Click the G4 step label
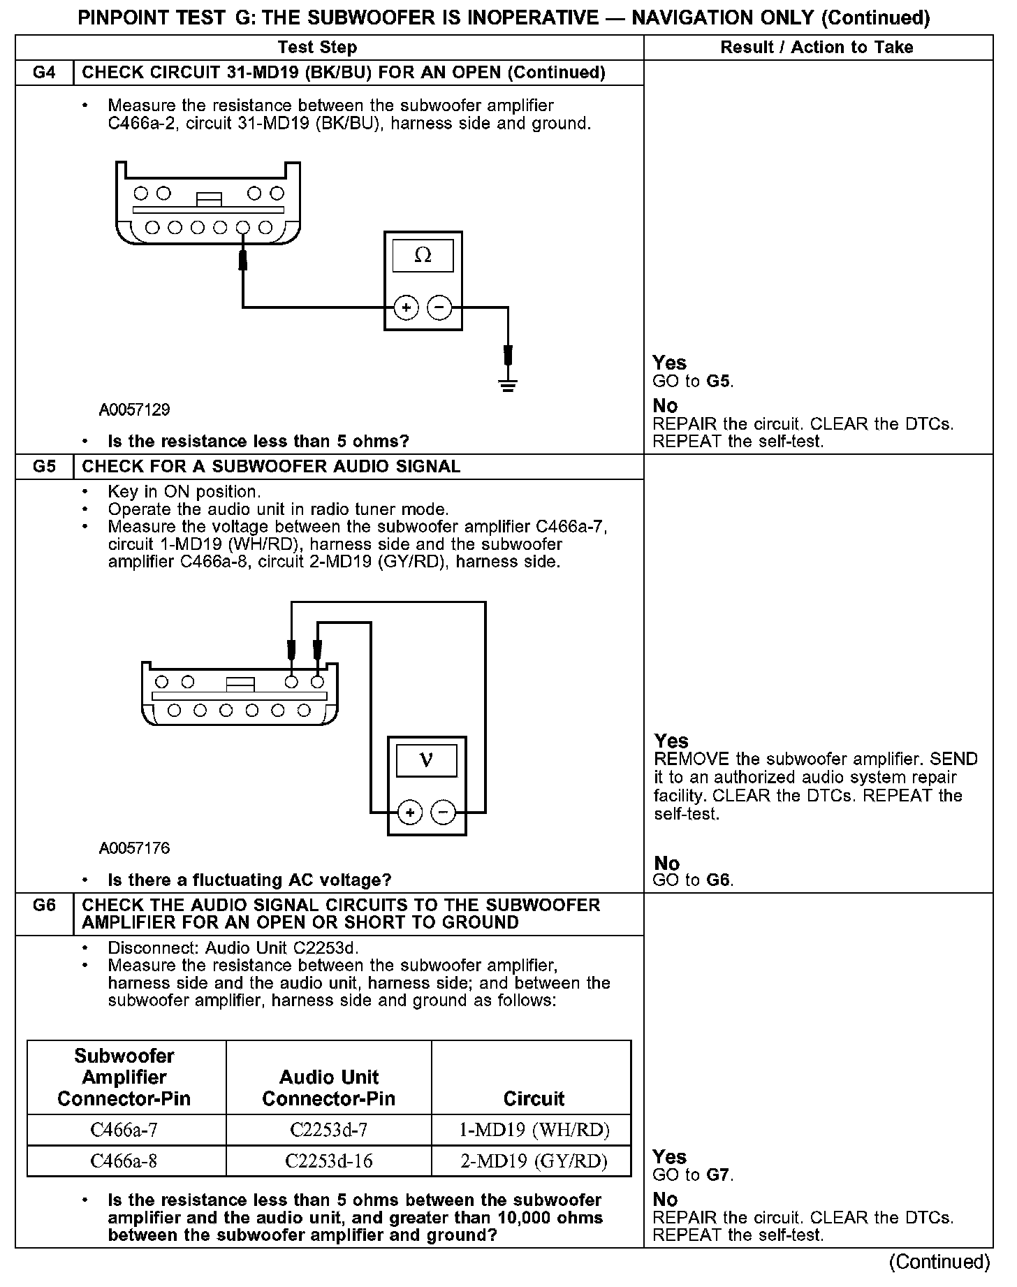44,73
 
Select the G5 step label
44,467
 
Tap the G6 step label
44,906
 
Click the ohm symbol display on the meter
423,256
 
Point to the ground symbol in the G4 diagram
508,384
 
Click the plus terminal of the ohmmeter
406,307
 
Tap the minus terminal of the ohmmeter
439,307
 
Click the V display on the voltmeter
426,760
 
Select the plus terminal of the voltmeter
410,813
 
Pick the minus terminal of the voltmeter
443,813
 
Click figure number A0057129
134,409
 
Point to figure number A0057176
134,848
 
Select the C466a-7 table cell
124,1130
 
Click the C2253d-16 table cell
328,1161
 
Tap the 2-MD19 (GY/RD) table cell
534,1161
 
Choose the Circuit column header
534,1098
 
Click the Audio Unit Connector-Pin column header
328,1088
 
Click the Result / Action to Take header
817,48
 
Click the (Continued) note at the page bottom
939,1262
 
